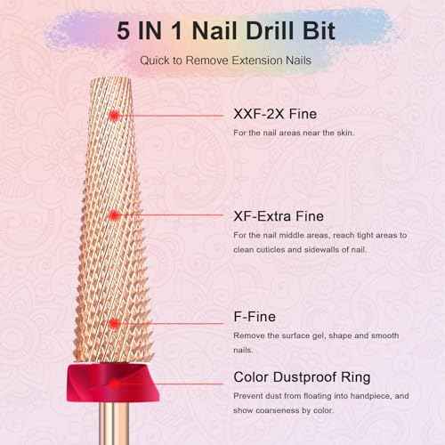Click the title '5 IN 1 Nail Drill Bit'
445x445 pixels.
222,29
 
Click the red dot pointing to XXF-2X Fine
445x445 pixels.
113,115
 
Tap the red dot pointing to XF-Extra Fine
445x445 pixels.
113,215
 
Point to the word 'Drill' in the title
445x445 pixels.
262,29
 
